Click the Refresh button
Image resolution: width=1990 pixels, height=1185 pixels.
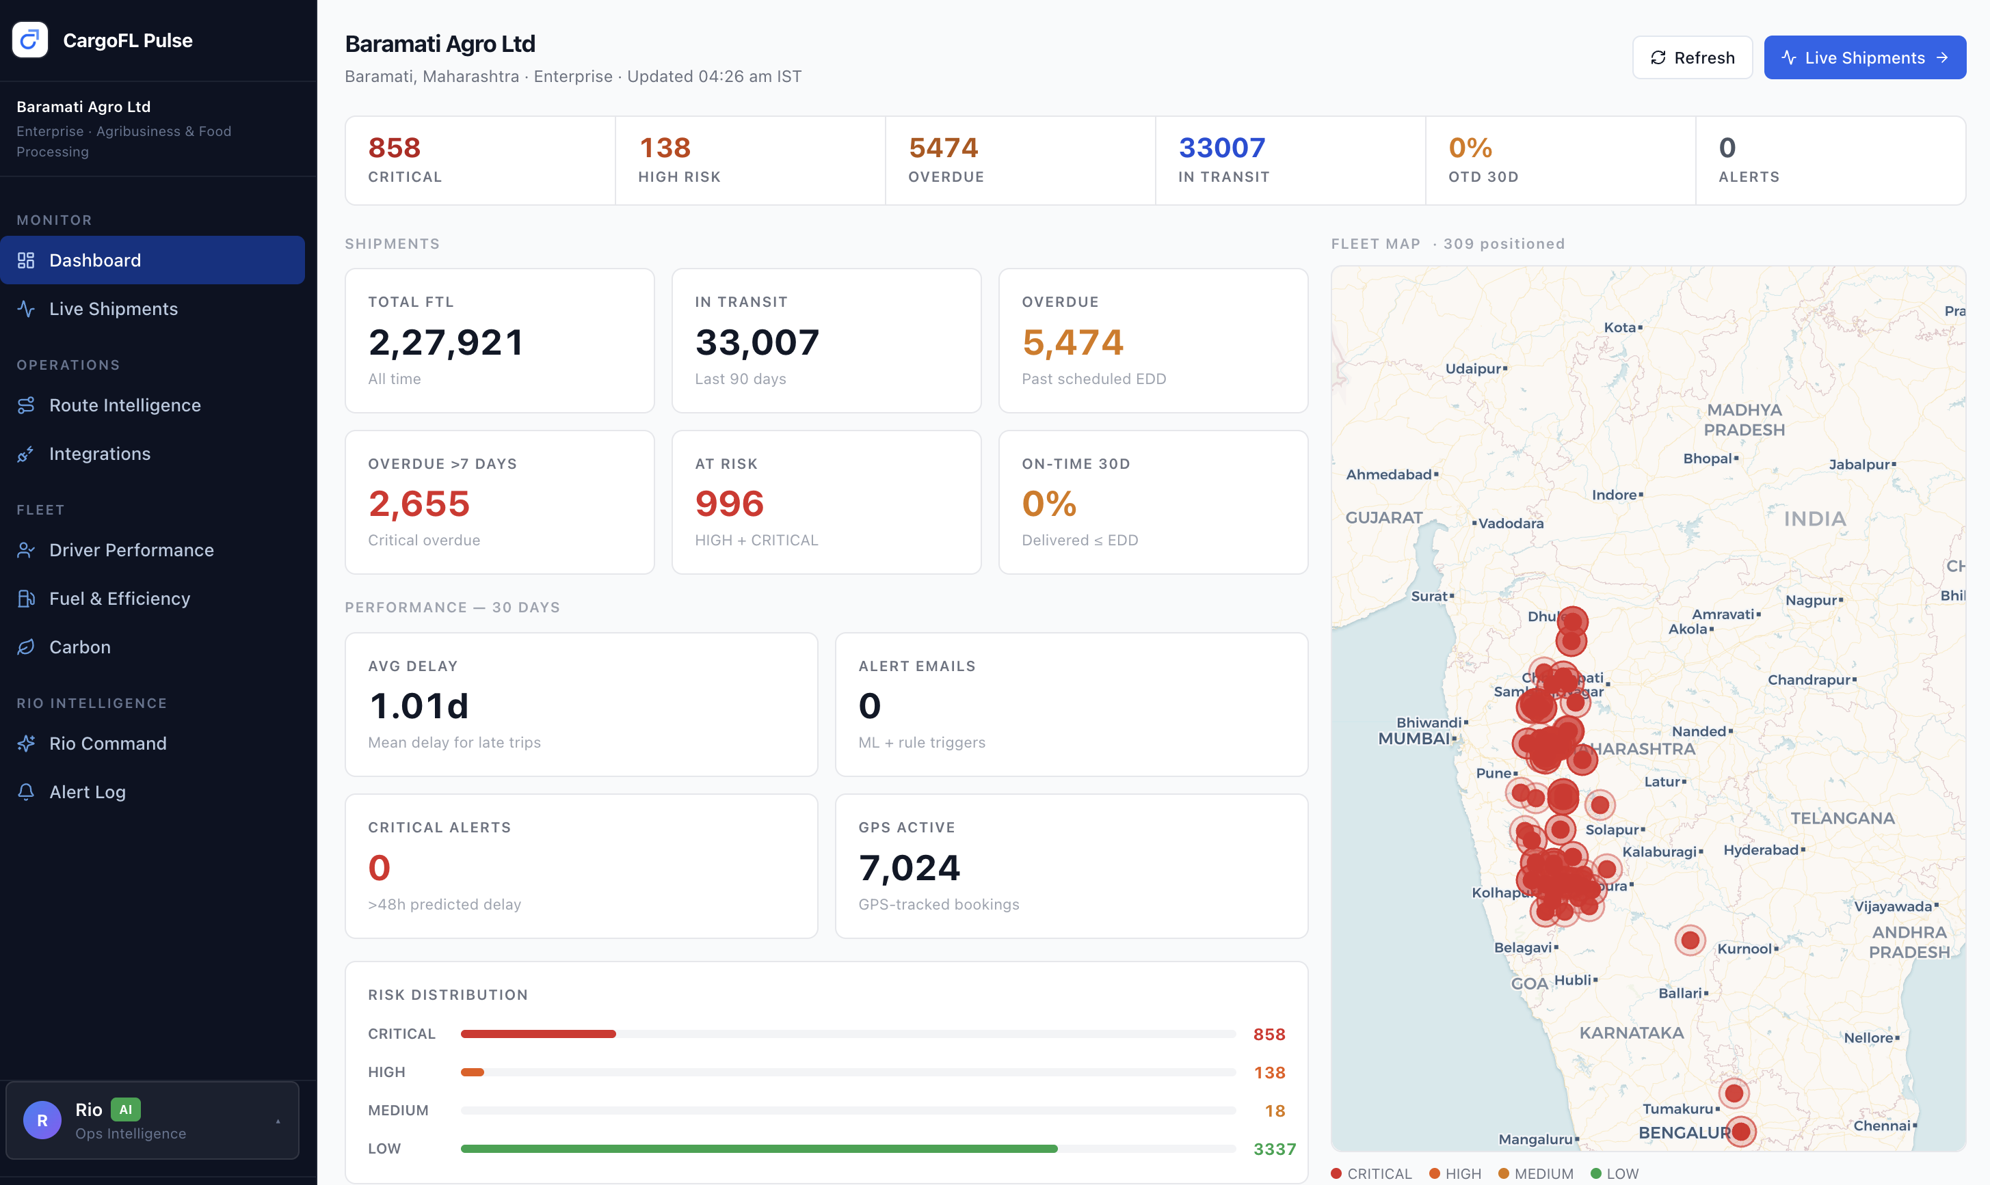(x=1692, y=57)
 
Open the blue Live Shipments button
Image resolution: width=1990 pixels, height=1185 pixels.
(x=1865, y=57)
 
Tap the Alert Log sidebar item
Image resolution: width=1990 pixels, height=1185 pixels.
(x=87, y=791)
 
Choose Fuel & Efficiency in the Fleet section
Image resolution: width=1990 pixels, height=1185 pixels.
(x=120, y=598)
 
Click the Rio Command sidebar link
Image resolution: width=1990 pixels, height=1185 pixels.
(x=108, y=743)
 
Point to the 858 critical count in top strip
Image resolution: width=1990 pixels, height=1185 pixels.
(x=395, y=148)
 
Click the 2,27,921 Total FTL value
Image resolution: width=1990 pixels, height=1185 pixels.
(x=446, y=342)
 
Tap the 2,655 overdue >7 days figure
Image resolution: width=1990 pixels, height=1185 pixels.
(x=419, y=504)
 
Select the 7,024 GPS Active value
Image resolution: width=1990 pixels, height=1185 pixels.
(x=909, y=868)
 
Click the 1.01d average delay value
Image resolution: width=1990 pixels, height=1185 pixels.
(x=419, y=706)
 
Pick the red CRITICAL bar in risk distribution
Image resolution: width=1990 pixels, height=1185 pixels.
(x=538, y=1034)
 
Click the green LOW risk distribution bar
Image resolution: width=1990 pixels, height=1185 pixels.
(x=759, y=1148)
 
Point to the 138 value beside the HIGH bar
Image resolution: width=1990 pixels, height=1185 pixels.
(x=1269, y=1072)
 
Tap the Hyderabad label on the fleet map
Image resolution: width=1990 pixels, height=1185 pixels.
(x=1761, y=849)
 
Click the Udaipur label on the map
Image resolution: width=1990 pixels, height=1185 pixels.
(x=1473, y=368)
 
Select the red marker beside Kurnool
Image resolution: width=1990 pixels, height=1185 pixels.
(x=1690, y=940)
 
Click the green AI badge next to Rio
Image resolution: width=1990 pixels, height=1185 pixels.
(x=125, y=1109)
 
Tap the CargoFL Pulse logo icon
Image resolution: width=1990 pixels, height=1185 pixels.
(x=30, y=40)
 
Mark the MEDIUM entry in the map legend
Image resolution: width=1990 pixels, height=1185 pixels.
(x=1535, y=1173)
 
